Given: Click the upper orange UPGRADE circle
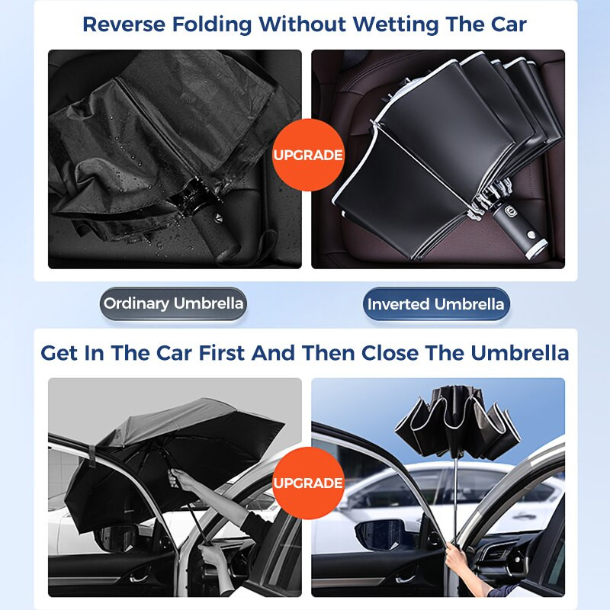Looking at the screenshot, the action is coord(308,155).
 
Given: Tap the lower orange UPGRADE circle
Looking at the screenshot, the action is coord(308,483).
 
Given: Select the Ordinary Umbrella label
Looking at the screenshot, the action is coord(174,303).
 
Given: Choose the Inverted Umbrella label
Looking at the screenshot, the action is coord(435,303).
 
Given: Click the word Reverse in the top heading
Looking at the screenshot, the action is coord(124,24).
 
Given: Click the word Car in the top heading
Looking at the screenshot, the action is coord(509,24).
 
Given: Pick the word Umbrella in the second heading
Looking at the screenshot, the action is coord(520,353).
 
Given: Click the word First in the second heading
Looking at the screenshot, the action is coord(221,353).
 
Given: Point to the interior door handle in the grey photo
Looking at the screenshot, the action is coord(140,577).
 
